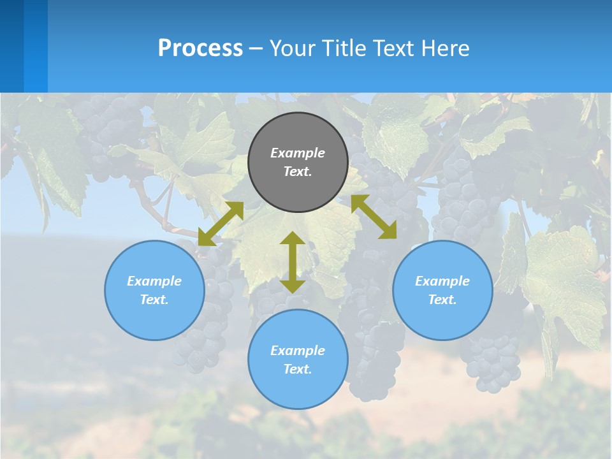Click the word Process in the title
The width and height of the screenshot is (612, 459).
[200, 48]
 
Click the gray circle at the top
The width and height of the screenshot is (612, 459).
[298, 162]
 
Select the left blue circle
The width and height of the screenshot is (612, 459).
[154, 290]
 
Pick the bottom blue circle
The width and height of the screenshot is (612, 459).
[298, 360]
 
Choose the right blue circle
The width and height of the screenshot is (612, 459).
[442, 290]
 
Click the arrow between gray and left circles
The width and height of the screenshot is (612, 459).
[221, 223]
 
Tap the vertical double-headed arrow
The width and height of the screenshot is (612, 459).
[293, 262]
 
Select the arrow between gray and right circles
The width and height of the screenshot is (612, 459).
[374, 217]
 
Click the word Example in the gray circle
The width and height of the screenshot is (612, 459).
[298, 153]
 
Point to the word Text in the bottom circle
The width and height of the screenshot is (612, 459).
[298, 369]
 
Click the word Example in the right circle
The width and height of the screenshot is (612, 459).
[442, 281]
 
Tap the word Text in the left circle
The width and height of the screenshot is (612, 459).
[154, 300]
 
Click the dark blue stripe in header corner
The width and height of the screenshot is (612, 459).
[11, 46]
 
